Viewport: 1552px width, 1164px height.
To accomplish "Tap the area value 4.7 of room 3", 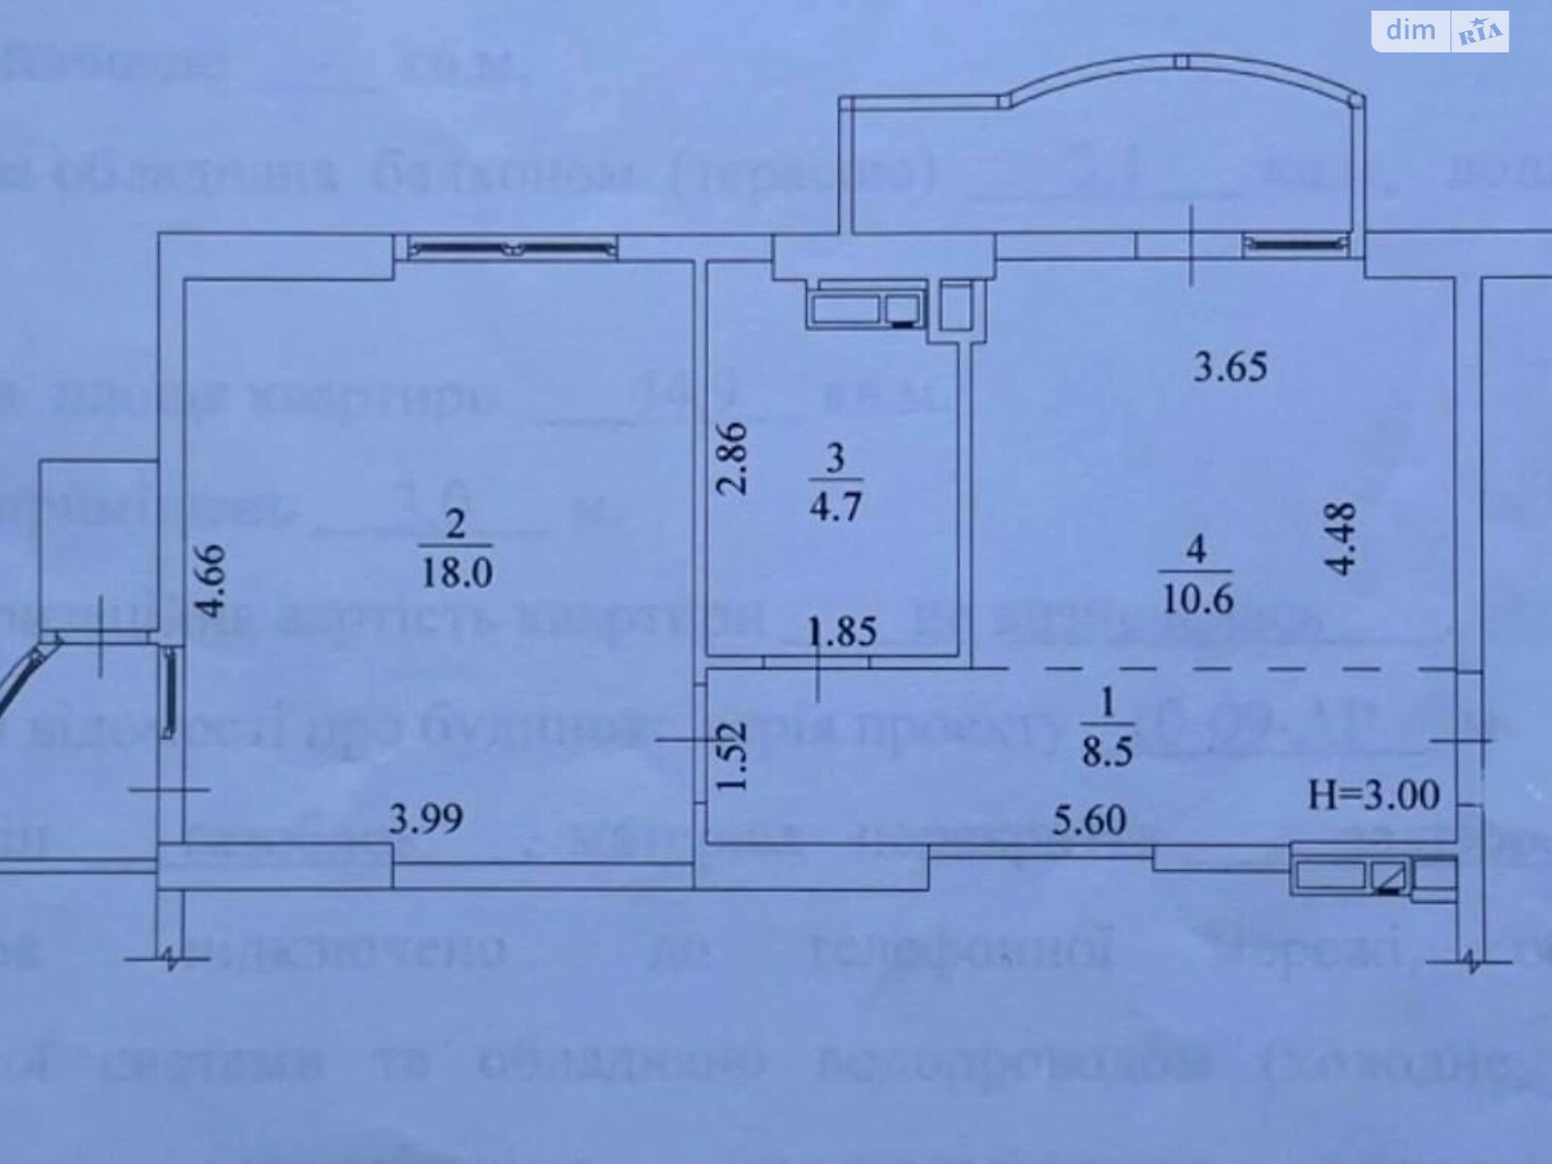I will coord(836,505).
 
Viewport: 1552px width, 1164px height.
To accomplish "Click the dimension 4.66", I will coord(210,581).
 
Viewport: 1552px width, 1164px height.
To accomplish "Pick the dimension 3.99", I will coord(426,819).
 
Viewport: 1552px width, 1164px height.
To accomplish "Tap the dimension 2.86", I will coord(734,458).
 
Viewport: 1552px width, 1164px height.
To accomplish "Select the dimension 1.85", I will coord(843,632).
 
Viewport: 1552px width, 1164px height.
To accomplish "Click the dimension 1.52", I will coord(735,756).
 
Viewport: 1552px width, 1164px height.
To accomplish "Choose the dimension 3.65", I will coord(1230,368).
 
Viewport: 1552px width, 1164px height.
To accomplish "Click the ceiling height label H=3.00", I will coord(1374,795).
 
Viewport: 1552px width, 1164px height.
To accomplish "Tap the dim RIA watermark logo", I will coord(1439,31).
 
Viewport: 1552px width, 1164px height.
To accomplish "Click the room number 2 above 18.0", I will coord(456,525).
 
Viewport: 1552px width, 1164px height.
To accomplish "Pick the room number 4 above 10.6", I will coord(1196,551).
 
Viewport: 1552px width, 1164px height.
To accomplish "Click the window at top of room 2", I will coord(513,249).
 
